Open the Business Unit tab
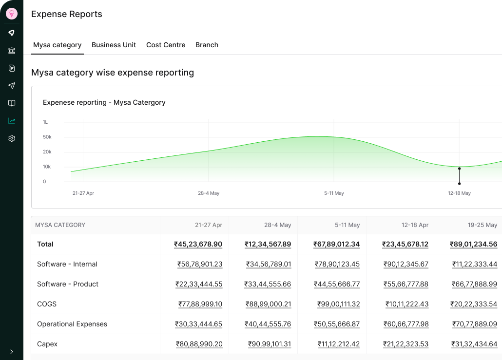click(x=114, y=45)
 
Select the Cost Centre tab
click(x=166, y=45)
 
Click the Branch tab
click(x=207, y=45)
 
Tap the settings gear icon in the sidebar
click(x=12, y=138)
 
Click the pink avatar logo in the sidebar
click(x=12, y=14)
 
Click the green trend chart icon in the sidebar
click(x=12, y=121)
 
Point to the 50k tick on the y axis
click(x=47, y=137)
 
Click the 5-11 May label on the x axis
click(x=334, y=193)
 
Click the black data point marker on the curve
click(x=459, y=169)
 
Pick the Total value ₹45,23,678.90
click(x=198, y=244)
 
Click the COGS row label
click(x=47, y=304)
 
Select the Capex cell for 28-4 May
click(x=269, y=344)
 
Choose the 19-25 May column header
click(x=483, y=225)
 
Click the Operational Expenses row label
click(x=72, y=324)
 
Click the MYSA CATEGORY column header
click(x=60, y=225)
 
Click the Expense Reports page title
click(x=67, y=14)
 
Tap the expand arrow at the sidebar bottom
click(x=12, y=352)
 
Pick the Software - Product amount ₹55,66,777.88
click(x=405, y=284)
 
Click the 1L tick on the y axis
click(x=45, y=122)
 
